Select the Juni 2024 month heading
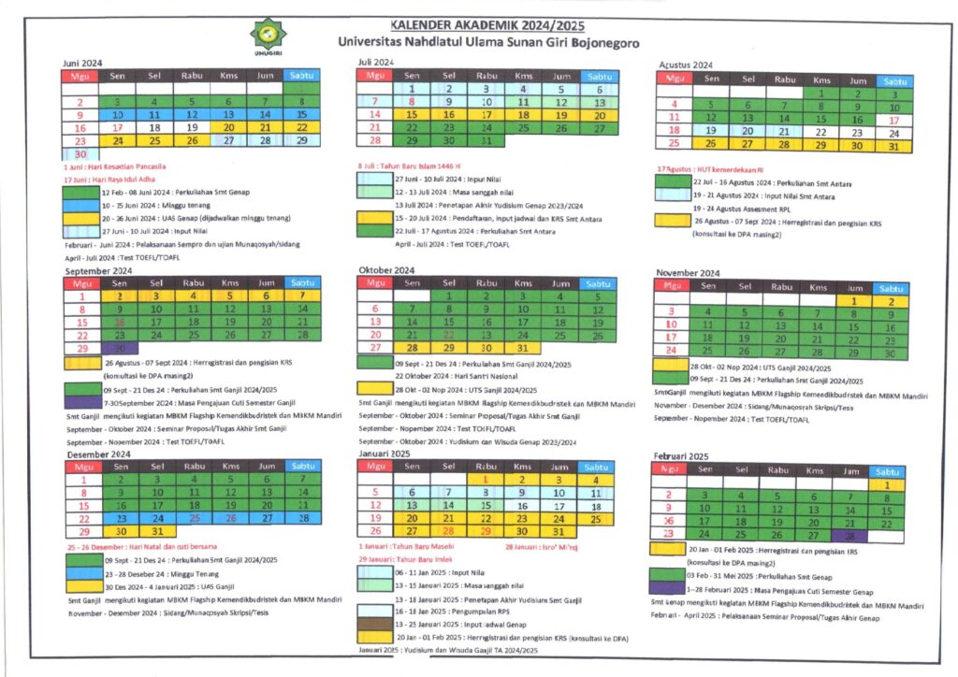(x=83, y=63)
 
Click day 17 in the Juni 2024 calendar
(x=118, y=127)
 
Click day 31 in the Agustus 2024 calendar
(x=893, y=145)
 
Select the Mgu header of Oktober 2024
(x=375, y=282)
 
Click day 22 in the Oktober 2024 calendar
(x=448, y=335)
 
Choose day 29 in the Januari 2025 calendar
(x=486, y=531)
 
